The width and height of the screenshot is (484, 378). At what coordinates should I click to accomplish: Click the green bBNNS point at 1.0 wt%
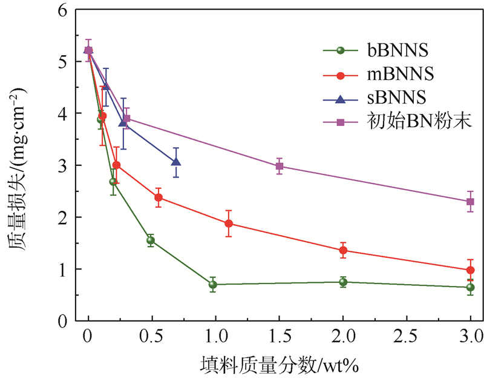coord(213,284)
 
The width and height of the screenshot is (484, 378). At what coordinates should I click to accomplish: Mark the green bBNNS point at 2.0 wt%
coord(343,282)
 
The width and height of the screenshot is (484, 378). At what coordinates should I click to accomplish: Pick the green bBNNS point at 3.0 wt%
coord(470,287)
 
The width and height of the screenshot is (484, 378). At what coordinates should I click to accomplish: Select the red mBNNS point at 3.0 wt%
coord(470,270)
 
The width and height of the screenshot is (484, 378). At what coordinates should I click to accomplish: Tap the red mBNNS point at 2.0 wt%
coord(343,250)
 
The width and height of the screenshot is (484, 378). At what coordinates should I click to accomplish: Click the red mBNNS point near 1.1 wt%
coord(229,224)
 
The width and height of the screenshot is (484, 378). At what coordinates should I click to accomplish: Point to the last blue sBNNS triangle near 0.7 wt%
coord(176,162)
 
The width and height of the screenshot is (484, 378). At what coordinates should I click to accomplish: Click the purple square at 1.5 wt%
coord(280,166)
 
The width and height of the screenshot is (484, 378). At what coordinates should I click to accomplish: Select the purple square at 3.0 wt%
coord(470,202)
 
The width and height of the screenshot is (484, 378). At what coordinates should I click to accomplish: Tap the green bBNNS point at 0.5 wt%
coord(151,240)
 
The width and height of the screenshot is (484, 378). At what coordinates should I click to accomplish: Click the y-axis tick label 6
coord(62,10)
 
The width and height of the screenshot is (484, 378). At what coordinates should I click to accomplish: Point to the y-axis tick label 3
coord(62,165)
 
